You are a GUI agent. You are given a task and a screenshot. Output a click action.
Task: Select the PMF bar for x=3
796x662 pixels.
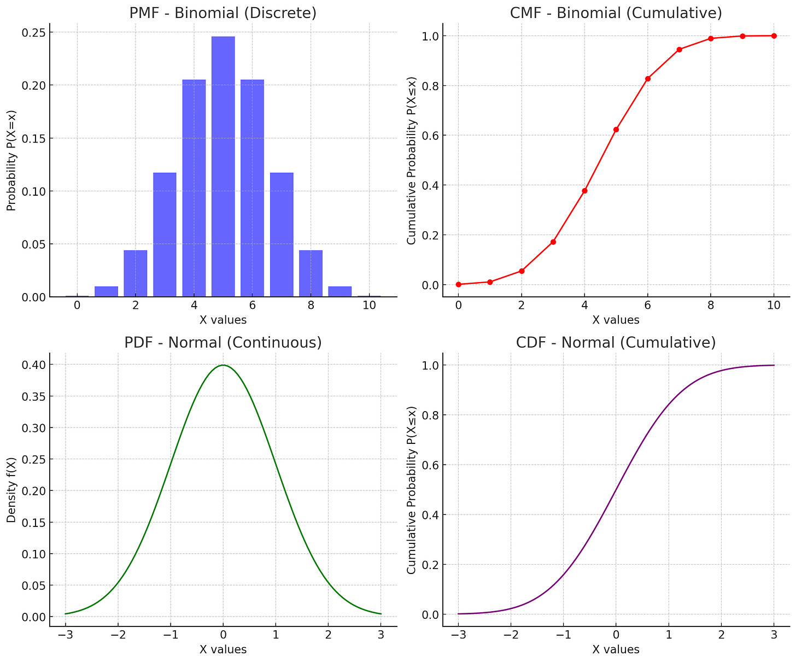pos(165,235)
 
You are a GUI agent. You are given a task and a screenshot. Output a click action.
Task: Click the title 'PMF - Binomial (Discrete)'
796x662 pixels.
pos(223,13)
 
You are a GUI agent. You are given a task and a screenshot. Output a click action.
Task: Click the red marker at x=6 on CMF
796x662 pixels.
pos(648,79)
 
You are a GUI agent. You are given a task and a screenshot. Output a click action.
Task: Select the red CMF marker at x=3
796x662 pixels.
pos(553,242)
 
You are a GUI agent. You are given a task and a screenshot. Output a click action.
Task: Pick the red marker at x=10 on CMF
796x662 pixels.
pos(774,36)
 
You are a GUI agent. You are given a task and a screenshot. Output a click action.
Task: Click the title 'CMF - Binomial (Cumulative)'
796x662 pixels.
pos(616,13)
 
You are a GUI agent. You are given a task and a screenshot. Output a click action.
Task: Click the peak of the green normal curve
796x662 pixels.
pos(223,365)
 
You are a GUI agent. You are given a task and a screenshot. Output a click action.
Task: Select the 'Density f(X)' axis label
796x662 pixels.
pos(11,490)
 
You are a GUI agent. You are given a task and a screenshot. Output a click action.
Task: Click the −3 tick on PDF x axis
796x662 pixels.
pos(65,635)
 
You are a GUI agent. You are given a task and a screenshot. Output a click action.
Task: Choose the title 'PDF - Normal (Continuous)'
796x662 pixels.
pos(223,343)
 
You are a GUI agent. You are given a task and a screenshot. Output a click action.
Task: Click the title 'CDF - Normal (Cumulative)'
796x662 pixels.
pos(616,343)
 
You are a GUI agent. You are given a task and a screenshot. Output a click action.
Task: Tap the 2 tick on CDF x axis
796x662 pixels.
pos(721,635)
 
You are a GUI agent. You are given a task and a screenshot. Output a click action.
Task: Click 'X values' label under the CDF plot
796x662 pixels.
pos(616,649)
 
